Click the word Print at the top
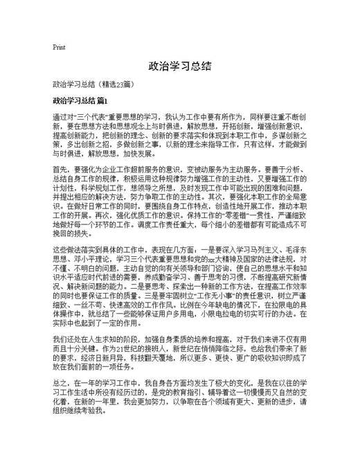point(59,48)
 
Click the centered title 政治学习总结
point(180,67)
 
